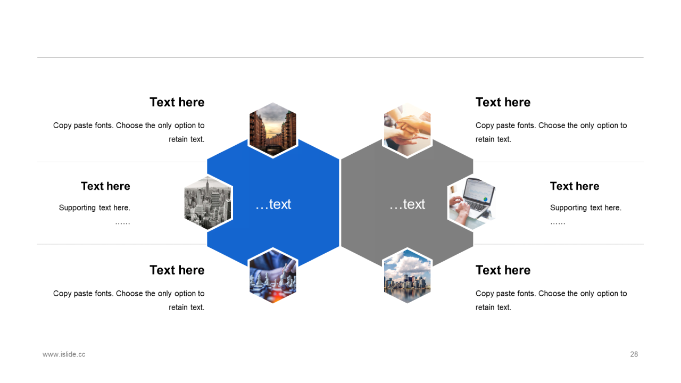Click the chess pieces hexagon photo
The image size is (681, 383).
[273, 276]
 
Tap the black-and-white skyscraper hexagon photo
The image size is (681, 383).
[208, 203]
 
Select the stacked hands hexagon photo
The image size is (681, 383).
[407, 130]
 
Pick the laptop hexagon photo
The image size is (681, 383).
[472, 203]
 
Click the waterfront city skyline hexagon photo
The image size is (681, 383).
[407, 276]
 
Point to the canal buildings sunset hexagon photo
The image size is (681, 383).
[273, 130]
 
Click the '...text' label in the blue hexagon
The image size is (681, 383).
[273, 204]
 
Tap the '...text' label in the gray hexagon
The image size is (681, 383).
[407, 204]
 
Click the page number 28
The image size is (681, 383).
[634, 354]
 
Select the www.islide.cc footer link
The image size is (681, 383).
[64, 354]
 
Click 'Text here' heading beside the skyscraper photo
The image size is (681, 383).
[105, 186]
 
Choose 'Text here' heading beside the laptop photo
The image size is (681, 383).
[575, 186]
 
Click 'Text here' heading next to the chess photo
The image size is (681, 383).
[177, 270]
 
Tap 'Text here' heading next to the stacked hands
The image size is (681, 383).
[503, 102]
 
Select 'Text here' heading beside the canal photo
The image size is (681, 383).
[177, 102]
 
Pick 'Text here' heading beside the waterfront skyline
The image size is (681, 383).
[503, 270]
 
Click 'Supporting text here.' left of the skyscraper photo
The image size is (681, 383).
[95, 207]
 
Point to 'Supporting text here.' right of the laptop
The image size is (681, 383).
[586, 207]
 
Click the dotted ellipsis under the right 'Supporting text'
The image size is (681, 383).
[558, 222]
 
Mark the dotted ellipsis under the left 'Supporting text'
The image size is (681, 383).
[122, 222]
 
